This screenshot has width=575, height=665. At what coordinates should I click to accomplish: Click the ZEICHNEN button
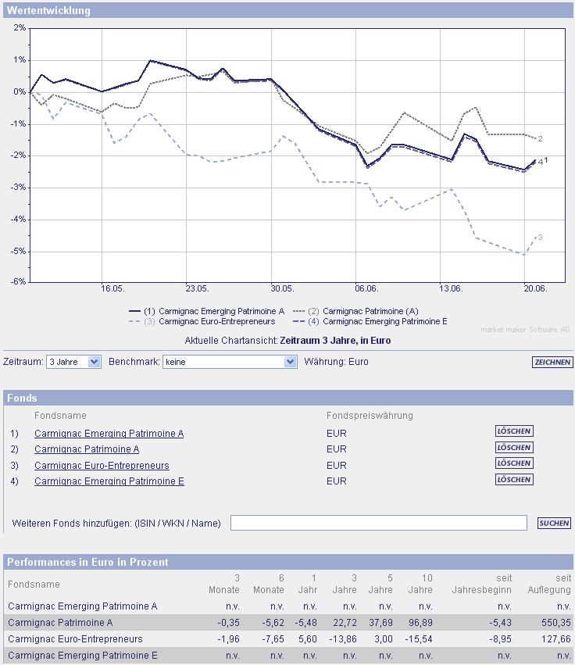[552, 362]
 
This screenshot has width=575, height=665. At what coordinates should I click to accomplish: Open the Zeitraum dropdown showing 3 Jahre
[73, 362]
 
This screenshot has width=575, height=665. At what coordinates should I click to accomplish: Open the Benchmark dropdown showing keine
[230, 362]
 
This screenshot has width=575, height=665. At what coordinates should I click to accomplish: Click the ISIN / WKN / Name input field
[379, 523]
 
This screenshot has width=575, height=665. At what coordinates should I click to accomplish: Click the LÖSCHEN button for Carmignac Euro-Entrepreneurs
[514, 463]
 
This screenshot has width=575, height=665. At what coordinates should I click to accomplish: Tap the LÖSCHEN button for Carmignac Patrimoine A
[514, 448]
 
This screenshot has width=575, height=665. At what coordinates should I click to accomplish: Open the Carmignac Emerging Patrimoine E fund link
[109, 481]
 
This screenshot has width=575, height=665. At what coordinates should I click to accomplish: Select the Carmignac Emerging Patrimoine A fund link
[109, 434]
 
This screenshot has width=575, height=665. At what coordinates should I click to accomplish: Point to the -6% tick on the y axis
[18, 281]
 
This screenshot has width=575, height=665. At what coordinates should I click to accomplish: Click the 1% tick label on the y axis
[20, 59]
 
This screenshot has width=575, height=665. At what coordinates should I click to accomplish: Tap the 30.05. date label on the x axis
[281, 288]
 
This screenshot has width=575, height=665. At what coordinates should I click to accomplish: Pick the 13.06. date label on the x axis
[451, 288]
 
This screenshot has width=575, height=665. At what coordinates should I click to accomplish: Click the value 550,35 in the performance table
[555, 622]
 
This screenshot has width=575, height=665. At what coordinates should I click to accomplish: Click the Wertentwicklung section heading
[48, 11]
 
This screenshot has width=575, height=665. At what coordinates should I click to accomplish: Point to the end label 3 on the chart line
[540, 237]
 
